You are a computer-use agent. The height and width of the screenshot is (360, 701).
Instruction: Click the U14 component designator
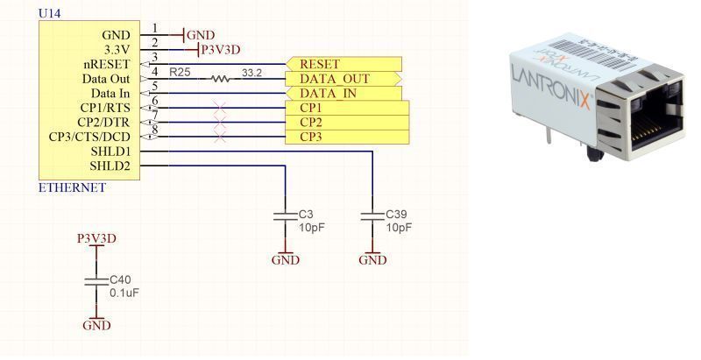48,13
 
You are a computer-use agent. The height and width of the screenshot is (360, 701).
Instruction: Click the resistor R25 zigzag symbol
220,79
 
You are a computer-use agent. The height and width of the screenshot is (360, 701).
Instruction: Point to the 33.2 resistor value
251,72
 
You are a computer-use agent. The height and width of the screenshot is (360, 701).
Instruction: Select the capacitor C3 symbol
282,215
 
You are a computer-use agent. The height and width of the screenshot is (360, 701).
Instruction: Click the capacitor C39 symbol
372,215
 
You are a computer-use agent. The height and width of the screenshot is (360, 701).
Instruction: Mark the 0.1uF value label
125,293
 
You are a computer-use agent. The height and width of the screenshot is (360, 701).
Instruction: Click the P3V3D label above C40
96,238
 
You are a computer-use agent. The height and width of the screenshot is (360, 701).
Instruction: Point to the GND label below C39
372,260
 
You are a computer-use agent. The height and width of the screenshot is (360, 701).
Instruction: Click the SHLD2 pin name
110,166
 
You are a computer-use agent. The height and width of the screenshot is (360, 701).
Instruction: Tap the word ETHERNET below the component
72,187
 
